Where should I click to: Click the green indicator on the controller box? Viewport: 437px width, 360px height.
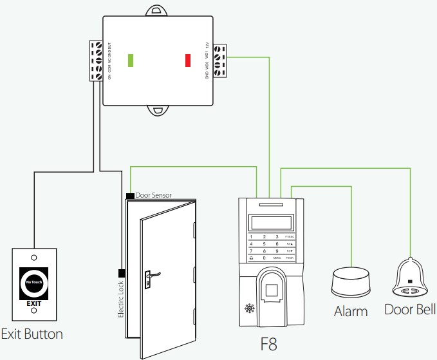tap(131, 61)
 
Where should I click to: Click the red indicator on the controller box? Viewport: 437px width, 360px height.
tap(188, 61)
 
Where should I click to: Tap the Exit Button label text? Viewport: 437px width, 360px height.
tap(32, 334)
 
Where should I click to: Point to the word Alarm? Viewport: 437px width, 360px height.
tap(351, 312)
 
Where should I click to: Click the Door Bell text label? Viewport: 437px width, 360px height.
tap(410, 310)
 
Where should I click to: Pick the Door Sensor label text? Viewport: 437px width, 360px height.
tap(153, 194)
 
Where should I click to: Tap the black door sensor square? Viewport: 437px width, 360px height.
tap(130, 195)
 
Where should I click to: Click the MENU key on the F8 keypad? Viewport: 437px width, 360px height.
tap(277, 258)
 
